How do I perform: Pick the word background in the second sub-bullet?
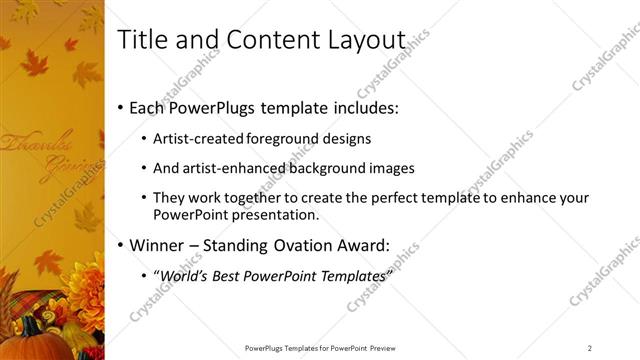(x=324, y=169)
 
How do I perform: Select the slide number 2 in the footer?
(x=590, y=347)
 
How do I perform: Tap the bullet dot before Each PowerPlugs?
(x=121, y=107)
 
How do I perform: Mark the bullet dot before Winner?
(x=121, y=244)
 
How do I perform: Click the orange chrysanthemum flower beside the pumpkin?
(x=85, y=289)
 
